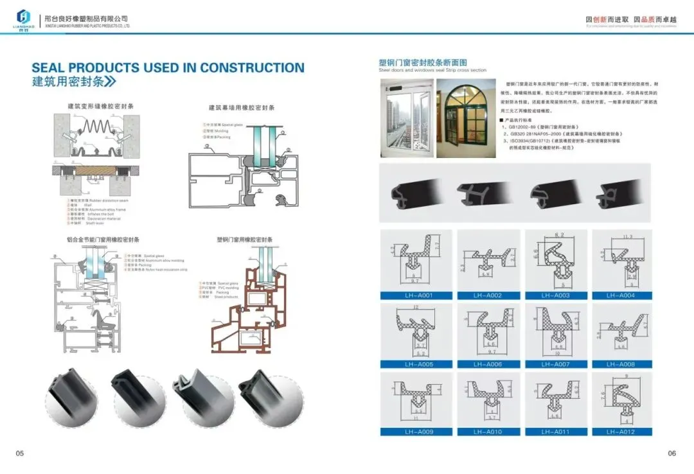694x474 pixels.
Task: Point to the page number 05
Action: click(20, 453)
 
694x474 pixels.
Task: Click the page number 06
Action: click(672, 453)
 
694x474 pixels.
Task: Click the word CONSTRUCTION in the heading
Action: click(252, 67)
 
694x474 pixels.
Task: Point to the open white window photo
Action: click(406, 118)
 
